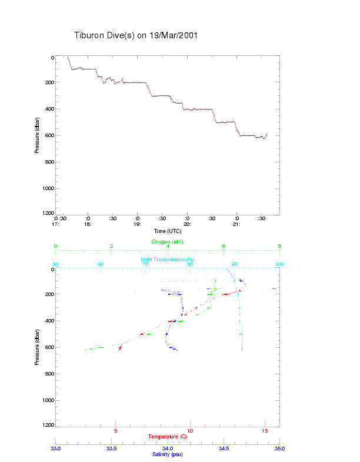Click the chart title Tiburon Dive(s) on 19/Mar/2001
[x=136, y=35]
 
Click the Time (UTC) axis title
[x=168, y=231]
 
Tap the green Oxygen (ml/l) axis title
[x=168, y=241]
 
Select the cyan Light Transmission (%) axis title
[x=168, y=259]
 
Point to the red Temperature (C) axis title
[x=168, y=437]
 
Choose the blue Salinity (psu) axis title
[x=168, y=454]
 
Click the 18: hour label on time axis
[x=88, y=224]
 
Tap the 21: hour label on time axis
[x=236, y=224]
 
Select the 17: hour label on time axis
[x=56, y=224]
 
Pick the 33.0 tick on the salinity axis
[x=56, y=448]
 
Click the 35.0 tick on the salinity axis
[x=279, y=448]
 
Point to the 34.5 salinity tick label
[x=224, y=448]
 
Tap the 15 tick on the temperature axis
[x=265, y=431]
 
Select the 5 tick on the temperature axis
[x=115, y=431]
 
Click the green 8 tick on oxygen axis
[x=279, y=246]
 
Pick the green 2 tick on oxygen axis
[x=112, y=246]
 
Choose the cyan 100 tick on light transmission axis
[x=279, y=264]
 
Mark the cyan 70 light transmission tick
[x=145, y=264]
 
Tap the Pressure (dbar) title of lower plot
[x=37, y=347]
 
